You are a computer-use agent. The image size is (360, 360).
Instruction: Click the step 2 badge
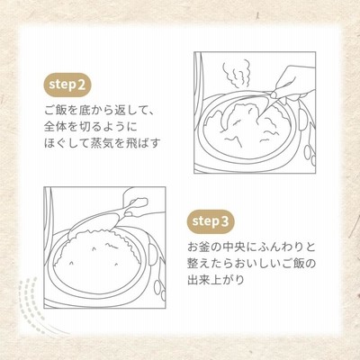pos(67,85)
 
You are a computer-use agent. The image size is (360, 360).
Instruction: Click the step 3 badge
pos(211,221)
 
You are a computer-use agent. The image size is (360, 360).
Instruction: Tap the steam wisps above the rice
pos(236,74)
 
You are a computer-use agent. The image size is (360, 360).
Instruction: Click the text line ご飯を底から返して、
pos(100,111)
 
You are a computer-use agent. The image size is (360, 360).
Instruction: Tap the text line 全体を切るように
pos(91,127)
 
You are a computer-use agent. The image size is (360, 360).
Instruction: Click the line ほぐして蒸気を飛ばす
pos(103,143)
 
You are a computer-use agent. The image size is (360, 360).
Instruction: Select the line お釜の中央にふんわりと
pos(252,247)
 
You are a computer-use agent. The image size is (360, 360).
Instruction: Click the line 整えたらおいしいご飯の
pos(252,264)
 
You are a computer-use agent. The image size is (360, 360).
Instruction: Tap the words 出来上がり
pos(216,280)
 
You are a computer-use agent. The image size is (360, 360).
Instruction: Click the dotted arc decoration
pos(29,303)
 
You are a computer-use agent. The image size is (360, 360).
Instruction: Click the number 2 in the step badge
pos(81,85)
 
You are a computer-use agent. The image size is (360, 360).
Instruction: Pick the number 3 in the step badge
pos(224,221)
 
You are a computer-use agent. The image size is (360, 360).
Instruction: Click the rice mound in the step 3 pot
pos(96,255)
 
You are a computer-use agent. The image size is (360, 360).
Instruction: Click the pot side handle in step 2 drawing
pos(303,119)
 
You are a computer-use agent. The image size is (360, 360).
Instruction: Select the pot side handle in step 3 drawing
pos(153,255)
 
